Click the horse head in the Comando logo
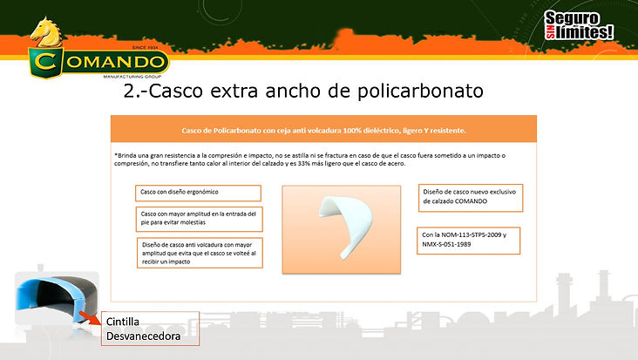51,35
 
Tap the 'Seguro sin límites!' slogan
578,24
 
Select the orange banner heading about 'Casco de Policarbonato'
323,131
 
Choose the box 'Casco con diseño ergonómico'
198,193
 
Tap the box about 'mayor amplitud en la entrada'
198,217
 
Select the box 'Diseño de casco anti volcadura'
198,253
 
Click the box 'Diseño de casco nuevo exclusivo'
470,197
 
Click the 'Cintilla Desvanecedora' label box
149,328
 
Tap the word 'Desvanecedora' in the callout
145,335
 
